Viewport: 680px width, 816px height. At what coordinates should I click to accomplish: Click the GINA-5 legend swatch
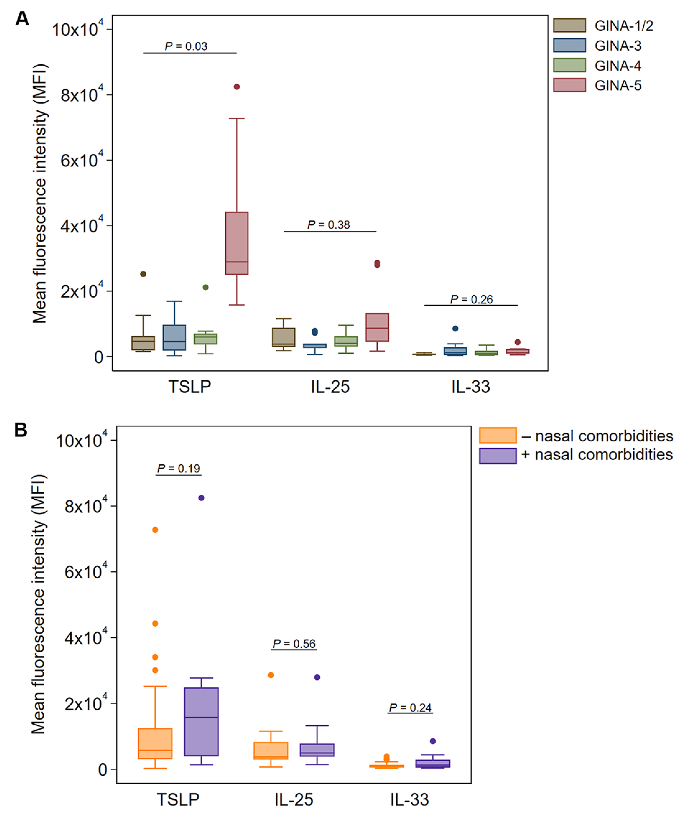[569, 85]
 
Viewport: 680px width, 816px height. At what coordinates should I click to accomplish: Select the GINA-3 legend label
[618, 46]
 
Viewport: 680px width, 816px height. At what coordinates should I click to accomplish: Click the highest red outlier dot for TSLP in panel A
[237, 87]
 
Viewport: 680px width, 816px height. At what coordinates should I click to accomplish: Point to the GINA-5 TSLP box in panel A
[237, 243]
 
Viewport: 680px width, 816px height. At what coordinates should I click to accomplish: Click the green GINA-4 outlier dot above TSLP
[206, 287]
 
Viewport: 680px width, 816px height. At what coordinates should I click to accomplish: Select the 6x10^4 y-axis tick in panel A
[82, 160]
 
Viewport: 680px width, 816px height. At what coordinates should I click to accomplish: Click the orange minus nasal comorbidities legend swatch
[497, 435]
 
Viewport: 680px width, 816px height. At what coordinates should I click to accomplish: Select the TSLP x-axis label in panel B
[178, 799]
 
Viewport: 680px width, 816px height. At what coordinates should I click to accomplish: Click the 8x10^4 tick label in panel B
[85, 506]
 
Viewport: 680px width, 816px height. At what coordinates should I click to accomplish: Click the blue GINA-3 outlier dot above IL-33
[455, 328]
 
